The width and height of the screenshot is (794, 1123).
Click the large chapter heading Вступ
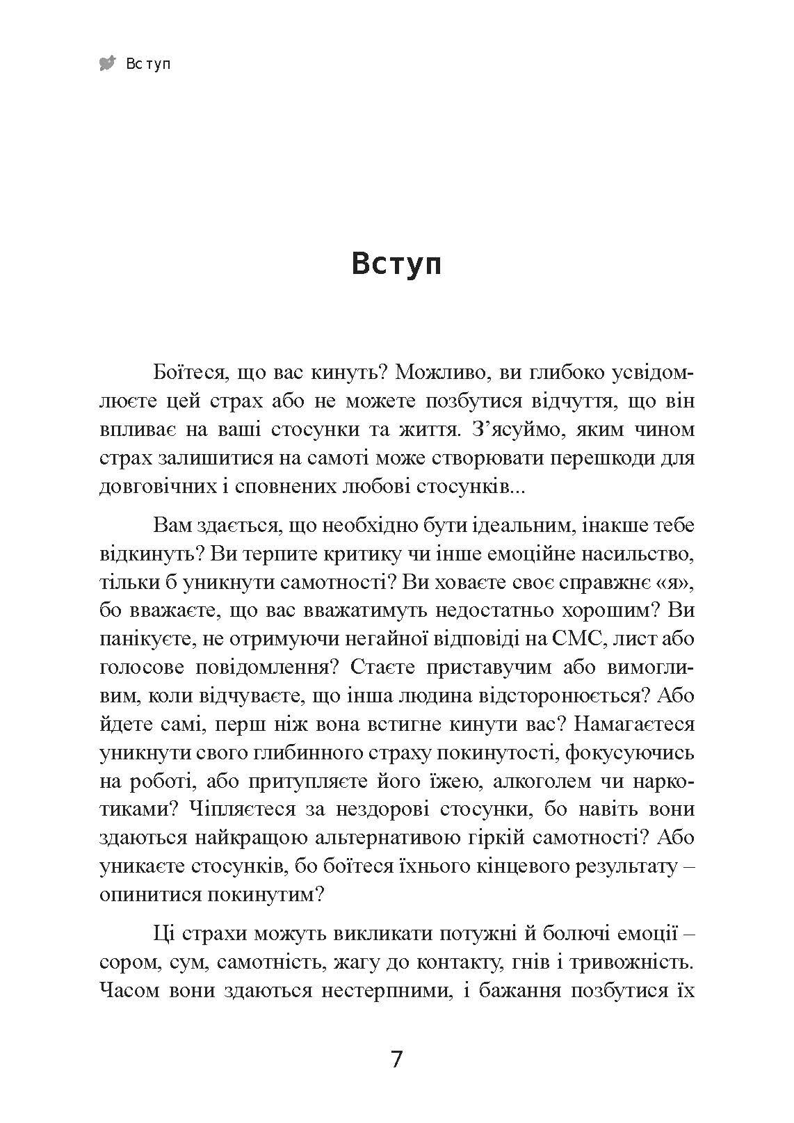coord(396,265)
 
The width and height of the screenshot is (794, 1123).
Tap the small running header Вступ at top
coord(148,65)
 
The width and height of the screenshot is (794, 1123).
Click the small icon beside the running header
coord(108,64)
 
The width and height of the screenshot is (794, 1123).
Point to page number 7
coord(396,1060)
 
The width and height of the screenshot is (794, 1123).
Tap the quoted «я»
coord(670,581)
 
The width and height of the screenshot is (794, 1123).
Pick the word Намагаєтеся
coord(634,724)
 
